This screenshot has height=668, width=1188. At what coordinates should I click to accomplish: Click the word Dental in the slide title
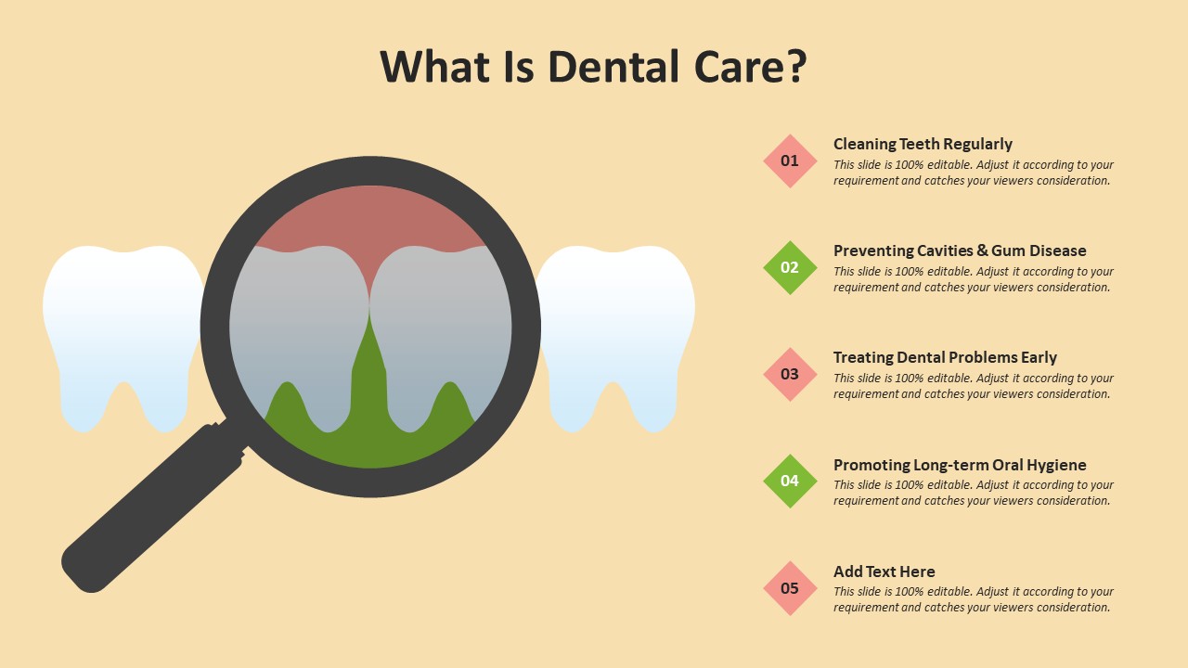(x=613, y=67)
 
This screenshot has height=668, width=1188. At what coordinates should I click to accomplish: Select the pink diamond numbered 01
(x=790, y=161)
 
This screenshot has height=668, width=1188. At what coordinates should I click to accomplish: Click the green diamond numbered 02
(x=790, y=267)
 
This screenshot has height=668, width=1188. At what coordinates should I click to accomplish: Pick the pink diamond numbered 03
(x=790, y=374)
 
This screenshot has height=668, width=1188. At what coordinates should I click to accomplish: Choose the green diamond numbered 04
(x=790, y=481)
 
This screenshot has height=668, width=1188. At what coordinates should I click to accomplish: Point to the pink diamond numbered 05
(x=790, y=588)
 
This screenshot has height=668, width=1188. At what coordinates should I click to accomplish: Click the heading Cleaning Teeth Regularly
(x=923, y=144)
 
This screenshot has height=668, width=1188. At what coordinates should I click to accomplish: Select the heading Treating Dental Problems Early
(x=945, y=357)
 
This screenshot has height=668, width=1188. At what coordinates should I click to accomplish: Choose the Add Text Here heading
(x=885, y=572)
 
